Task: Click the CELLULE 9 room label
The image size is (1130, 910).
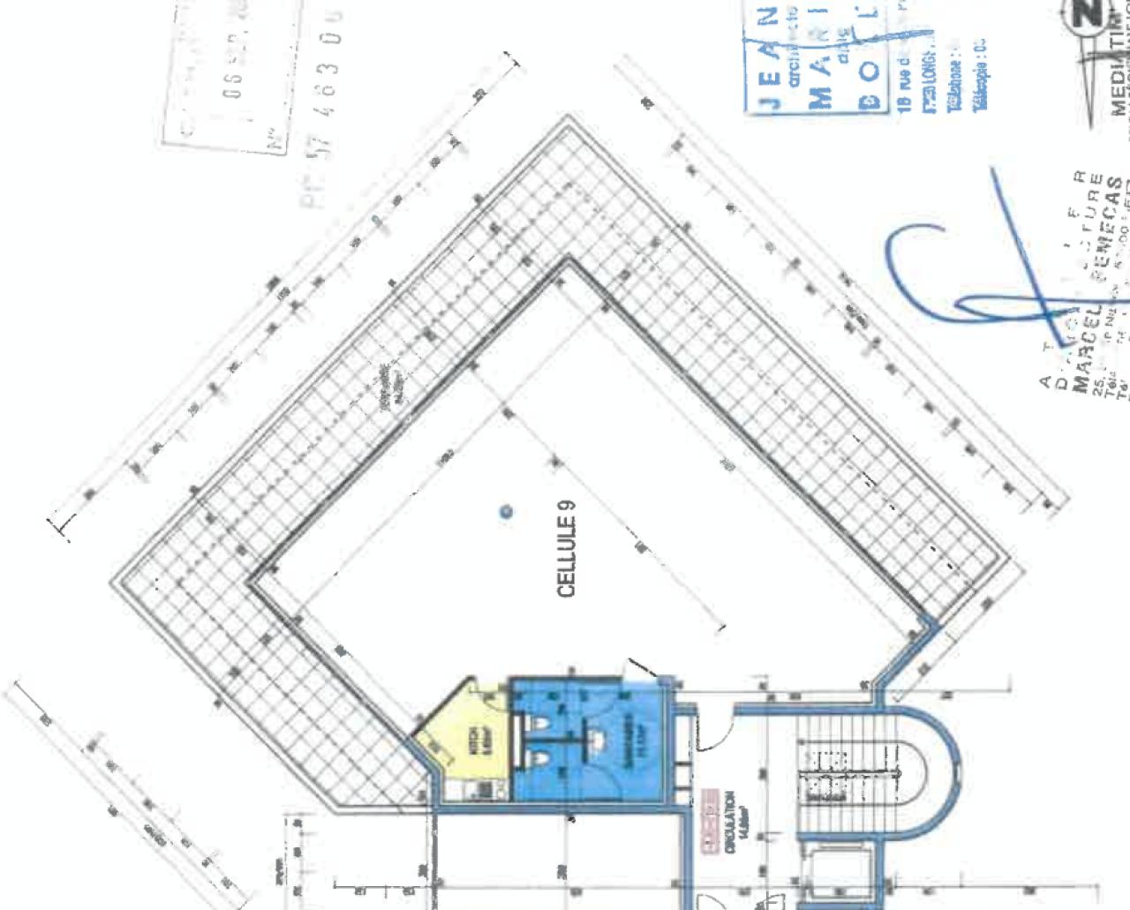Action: pos(568,548)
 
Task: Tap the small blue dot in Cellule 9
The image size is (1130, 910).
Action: pos(506,511)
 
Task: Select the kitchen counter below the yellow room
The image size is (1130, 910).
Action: pos(473,789)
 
